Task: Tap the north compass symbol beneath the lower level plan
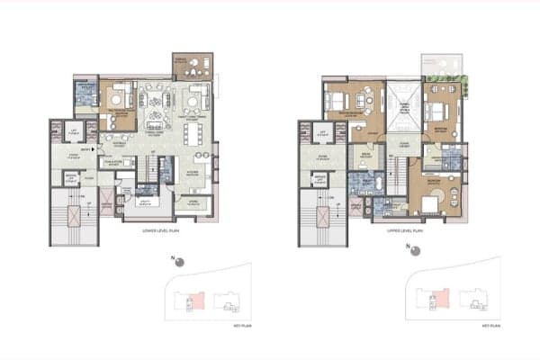pyautogui.click(x=179, y=262)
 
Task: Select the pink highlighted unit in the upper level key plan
pyautogui.click(x=441, y=296)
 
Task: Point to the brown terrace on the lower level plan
pyautogui.click(x=193, y=65)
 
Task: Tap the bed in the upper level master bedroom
pyautogui.click(x=338, y=101)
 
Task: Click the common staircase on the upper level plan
pyautogui.click(x=318, y=224)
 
